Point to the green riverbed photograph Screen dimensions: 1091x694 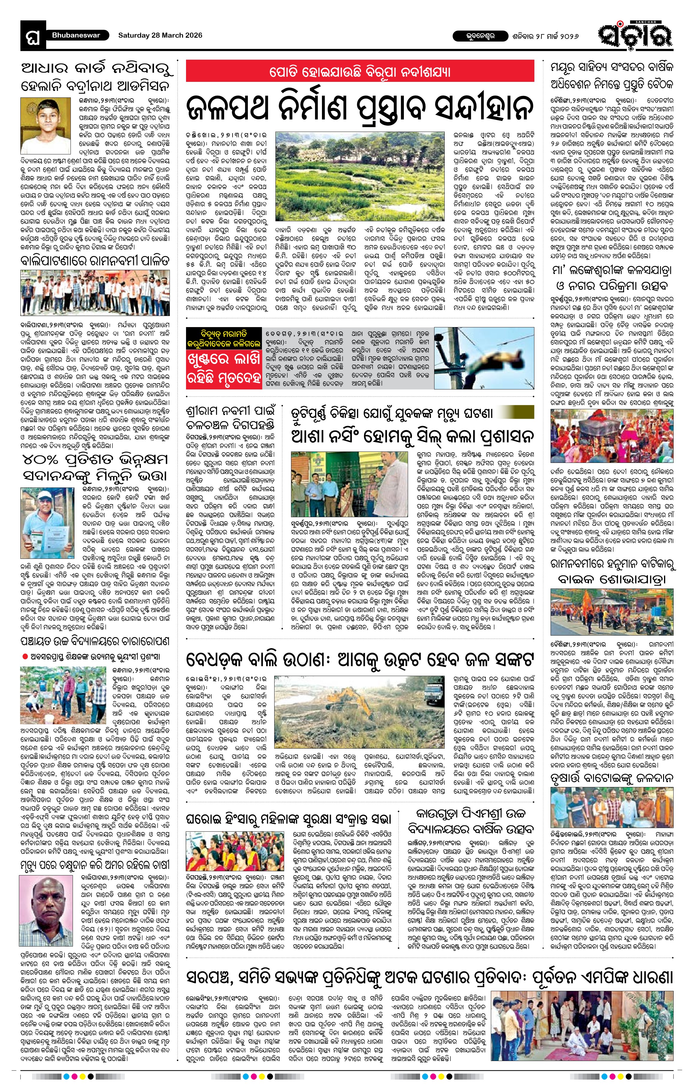click(360, 176)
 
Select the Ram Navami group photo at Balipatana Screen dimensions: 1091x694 click(95, 294)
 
